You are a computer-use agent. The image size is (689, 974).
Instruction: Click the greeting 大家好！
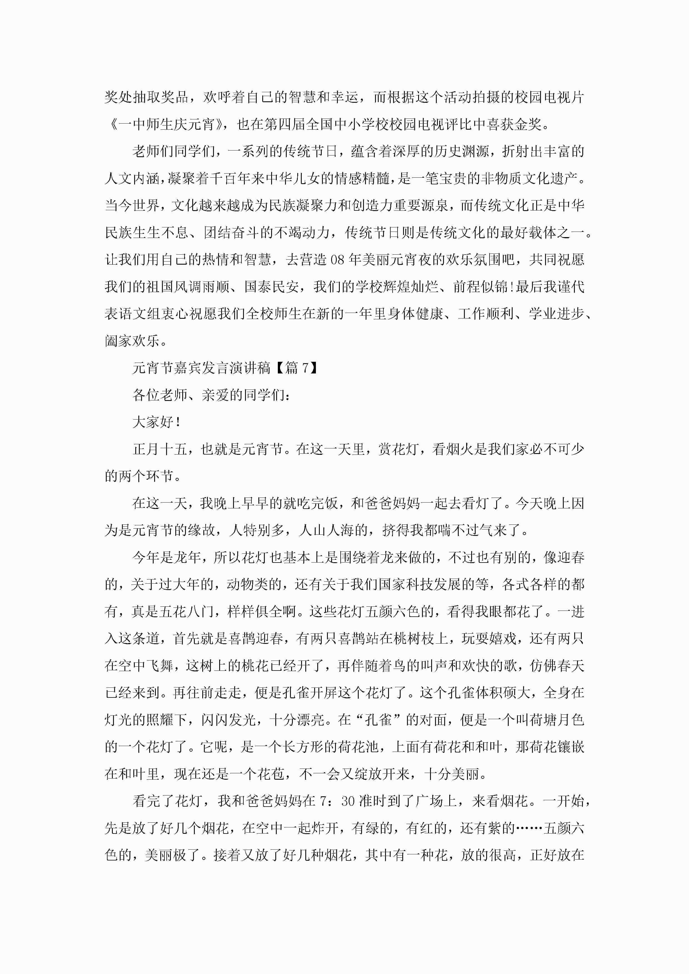tap(157, 422)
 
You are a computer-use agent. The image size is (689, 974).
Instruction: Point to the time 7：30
tap(338, 801)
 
